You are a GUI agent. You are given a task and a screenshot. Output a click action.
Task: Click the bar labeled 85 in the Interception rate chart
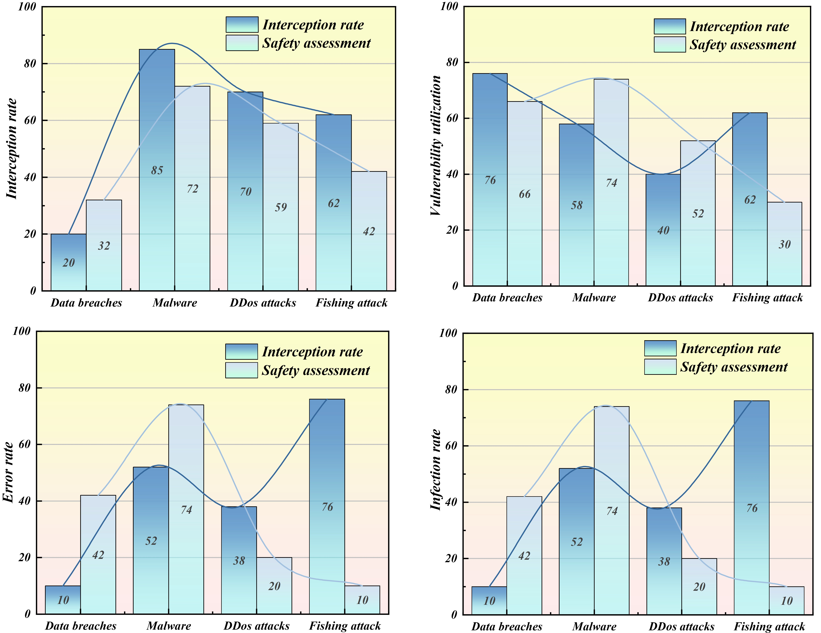157,170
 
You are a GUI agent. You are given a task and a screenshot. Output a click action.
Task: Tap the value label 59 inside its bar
281,207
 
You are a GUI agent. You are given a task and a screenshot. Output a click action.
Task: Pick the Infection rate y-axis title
435,470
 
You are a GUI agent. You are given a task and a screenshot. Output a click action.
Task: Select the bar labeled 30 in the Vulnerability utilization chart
785,244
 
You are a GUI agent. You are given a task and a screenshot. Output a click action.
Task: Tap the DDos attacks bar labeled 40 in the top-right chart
663,230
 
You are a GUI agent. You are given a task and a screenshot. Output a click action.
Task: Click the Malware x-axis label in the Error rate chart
169,626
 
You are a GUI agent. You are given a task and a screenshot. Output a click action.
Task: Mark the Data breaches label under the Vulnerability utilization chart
507,298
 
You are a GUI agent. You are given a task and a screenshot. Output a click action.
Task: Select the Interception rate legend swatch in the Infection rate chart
660,348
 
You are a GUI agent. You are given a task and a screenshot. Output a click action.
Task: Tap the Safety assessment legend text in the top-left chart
316,43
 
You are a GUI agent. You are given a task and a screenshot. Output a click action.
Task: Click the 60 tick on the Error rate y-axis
25,444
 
